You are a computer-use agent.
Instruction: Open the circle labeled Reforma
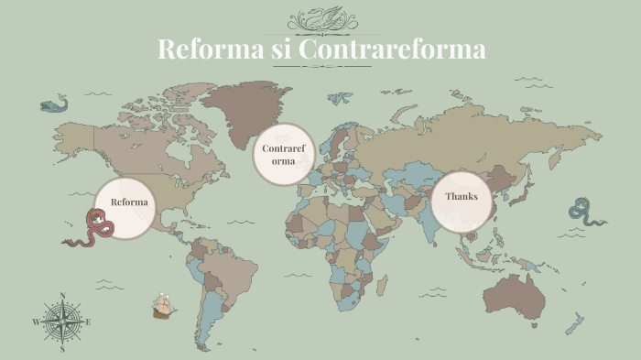pyautogui.click(x=128, y=202)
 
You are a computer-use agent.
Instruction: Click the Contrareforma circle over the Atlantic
pyautogui.click(x=283, y=154)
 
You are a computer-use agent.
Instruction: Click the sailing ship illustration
pyautogui.click(x=163, y=306)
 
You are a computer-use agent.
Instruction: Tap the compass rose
pyautogui.click(x=61, y=322)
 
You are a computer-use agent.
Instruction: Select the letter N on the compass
pyautogui.click(x=61, y=296)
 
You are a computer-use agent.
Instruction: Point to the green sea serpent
pyautogui.click(x=583, y=212)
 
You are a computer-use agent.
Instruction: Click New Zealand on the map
pyautogui.click(x=574, y=323)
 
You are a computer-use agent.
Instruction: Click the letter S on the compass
pyautogui.click(x=61, y=349)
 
